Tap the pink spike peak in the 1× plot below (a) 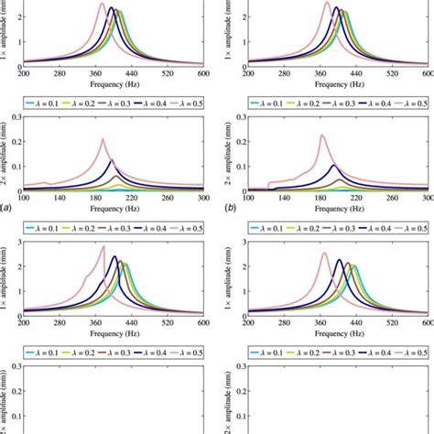(x=103, y=246)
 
